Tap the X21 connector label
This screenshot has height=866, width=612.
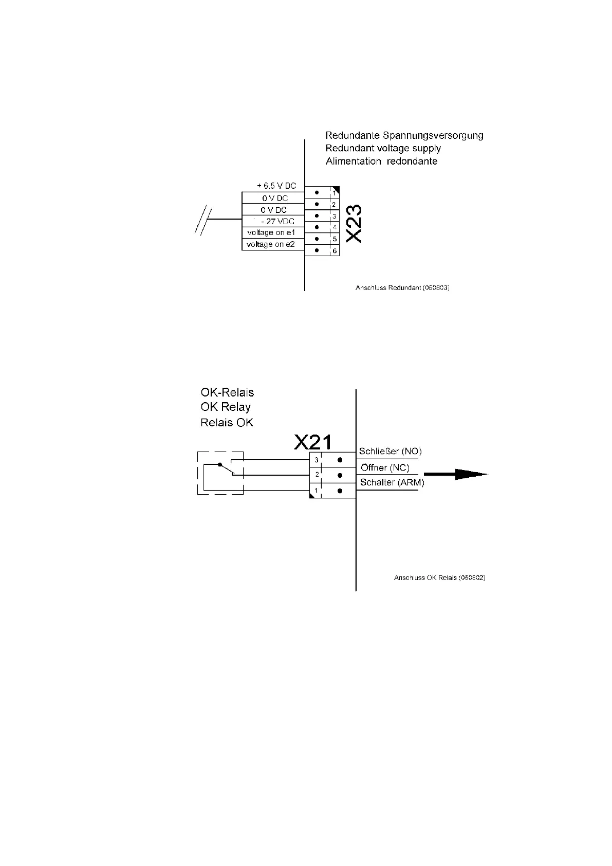tap(313, 442)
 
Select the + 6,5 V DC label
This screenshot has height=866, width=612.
tap(276, 186)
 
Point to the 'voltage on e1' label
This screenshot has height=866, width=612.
tap(271, 232)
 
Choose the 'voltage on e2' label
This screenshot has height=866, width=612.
tap(271, 244)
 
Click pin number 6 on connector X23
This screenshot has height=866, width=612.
tap(335, 251)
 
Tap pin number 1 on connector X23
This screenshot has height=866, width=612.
tap(335, 193)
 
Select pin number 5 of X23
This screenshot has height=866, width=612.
tap(335, 239)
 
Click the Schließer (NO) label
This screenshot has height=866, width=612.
tap(390, 452)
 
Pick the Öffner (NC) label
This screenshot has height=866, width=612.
tap(385, 468)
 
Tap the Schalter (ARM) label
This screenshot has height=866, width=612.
tap(392, 482)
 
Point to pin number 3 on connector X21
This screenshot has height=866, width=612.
tap(317, 460)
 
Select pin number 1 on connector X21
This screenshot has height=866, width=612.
tap(316, 491)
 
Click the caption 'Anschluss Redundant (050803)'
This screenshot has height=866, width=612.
tap(402, 288)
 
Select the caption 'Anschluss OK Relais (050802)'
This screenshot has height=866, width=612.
tap(439, 578)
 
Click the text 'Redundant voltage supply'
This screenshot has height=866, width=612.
tap(383, 148)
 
